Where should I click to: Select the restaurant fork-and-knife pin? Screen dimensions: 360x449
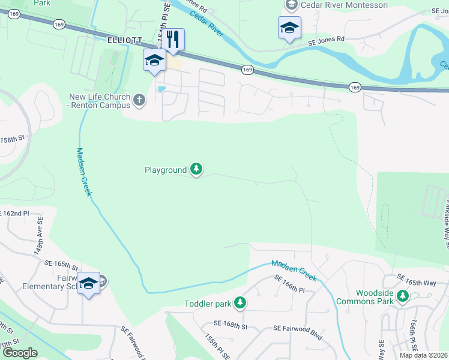tap(173, 40)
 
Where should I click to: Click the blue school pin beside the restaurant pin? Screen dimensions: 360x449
tap(154, 60)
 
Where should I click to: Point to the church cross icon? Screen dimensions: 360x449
tap(139, 100)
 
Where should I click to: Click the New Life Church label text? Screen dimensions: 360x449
tap(100, 101)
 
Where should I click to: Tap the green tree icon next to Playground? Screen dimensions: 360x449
tap(196, 170)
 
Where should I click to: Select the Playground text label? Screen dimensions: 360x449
tap(166, 170)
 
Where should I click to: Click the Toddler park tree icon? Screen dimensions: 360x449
tap(240, 302)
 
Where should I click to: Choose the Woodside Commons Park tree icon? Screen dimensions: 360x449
tap(403, 296)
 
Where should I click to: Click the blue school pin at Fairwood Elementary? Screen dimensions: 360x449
tap(88, 283)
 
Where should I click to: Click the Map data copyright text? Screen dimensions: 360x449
tap(423, 355)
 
